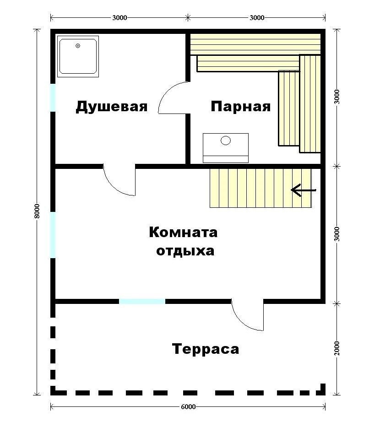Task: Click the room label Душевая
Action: pos(111,107)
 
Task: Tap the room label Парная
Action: pos(241,107)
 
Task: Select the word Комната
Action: pos(183,232)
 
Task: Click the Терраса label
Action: pos(206,349)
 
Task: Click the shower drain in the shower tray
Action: pos(78,46)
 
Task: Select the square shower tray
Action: pos(78,56)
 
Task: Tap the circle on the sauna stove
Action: pos(226,141)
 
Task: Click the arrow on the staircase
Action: pos(304,190)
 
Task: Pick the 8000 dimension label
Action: pos(37,211)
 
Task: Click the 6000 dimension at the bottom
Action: pos(188,406)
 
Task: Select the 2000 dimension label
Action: pos(336,348)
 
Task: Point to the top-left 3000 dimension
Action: pos(119,18)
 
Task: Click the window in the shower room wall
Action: pos(53,97)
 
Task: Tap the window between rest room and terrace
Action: pos(142,302)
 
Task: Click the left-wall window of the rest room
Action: pos(53,235)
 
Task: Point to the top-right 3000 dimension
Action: pos(257,18)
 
